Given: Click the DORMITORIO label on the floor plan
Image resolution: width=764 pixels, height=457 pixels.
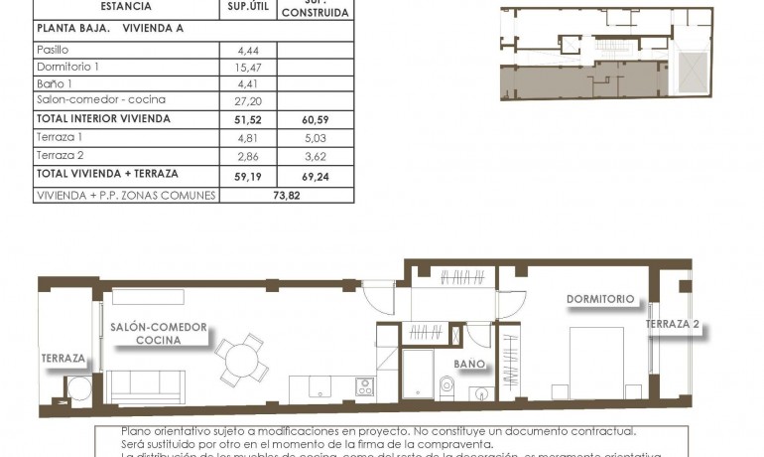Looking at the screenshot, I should [x=599, y=298].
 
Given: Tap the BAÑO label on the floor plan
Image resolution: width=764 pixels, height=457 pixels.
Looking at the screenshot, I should [x=469, y=364].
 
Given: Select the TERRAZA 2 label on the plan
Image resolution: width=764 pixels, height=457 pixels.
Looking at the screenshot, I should [x=673, y=325].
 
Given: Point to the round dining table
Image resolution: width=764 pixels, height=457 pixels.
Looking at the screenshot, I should [x=242, y=358].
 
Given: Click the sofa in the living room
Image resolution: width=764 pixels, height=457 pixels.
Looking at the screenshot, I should [x=146, y=383].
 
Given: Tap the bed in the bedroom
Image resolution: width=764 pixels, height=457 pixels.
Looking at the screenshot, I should [x=596, y=363].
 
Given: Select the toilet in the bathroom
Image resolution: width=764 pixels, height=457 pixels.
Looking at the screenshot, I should [x=446, y=385].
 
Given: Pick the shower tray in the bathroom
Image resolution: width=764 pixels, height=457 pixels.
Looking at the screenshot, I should [x=417, y=374].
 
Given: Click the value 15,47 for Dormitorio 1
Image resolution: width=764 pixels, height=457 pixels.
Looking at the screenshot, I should [x=247, y=66].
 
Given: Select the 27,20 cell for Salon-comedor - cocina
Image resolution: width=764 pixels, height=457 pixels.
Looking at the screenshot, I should [x=247, y=100].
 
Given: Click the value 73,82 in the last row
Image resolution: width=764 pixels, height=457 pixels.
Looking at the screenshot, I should [x=286, y=196].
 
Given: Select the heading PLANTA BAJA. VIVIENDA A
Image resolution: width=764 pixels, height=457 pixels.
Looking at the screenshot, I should [x=109, y=28].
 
